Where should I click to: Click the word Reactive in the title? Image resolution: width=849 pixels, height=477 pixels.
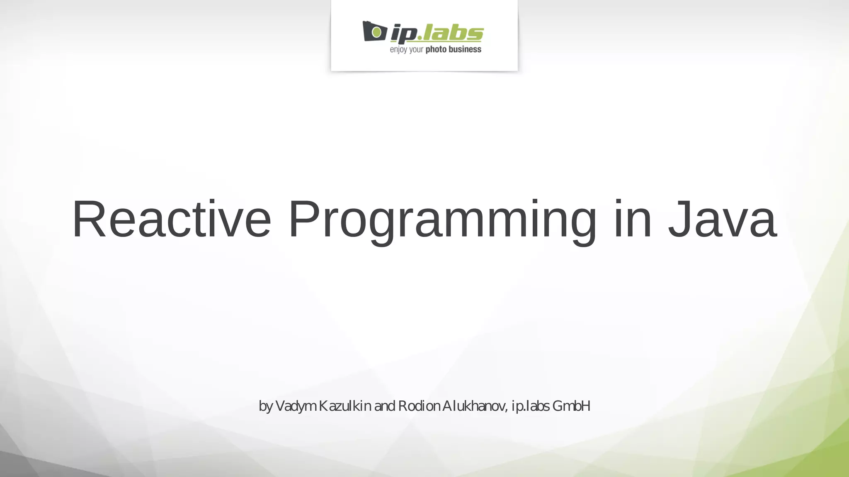click(171, 219)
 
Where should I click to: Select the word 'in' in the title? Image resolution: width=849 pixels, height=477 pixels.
click(633, 219)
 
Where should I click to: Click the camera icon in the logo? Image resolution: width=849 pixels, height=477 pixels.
click(374, 31)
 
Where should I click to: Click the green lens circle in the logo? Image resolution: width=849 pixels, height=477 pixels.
click(376, 31)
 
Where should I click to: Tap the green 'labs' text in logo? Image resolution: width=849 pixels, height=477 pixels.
click(453, 33)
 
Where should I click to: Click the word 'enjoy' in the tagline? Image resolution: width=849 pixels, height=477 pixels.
click(398, 50)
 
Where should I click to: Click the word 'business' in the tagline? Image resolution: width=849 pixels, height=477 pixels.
click(465, 50)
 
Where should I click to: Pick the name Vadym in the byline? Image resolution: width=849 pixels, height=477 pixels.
click(296, 406)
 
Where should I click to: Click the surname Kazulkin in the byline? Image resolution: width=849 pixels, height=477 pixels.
click(345, 406)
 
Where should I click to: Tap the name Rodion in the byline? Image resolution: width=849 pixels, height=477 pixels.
click(419, 406)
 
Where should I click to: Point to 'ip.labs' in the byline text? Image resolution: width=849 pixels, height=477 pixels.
click(531, 406)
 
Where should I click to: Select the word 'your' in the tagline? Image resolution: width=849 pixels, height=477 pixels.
click(416, 51)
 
